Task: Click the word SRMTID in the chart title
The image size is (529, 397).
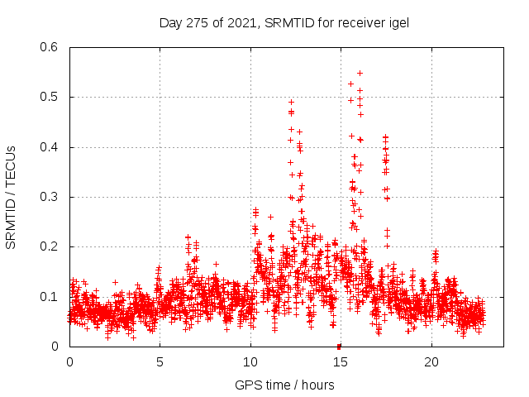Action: [293, 23]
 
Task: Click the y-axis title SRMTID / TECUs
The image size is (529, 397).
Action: [11, 197]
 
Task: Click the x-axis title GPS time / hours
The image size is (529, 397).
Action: [284, 385]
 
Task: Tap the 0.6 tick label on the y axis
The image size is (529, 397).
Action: [51, 47]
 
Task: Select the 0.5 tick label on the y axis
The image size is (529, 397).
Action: [51, 97]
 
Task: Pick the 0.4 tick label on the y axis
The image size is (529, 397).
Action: [51, 147]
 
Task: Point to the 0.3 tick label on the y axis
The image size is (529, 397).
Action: [51, 197]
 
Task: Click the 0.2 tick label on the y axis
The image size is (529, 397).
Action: [51, 246]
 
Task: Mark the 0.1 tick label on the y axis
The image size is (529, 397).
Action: [51, 296]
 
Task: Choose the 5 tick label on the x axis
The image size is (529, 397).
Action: [160, 361]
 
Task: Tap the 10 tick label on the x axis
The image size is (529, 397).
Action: [250, 361]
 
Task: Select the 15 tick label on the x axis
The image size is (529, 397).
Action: [341, 361]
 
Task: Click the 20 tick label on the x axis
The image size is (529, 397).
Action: [431, 361]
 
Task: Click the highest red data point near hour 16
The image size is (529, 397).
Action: [360, 73]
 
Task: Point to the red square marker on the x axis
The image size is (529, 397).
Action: [339, 347]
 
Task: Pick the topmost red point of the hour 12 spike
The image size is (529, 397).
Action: [291, 102]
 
